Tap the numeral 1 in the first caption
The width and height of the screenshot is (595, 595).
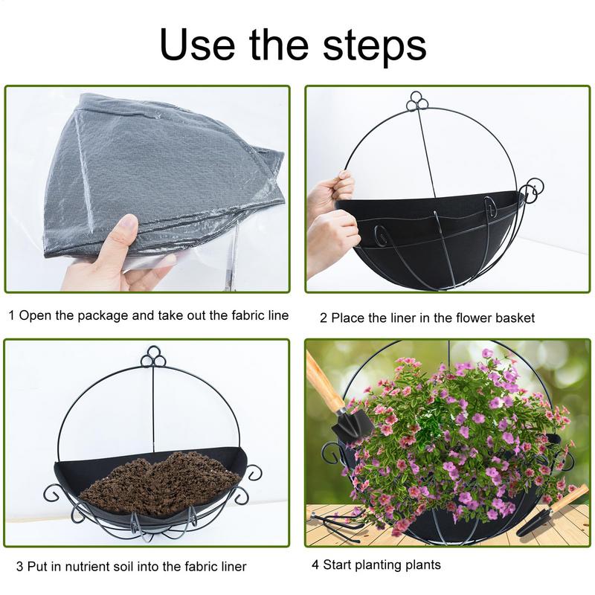tap(10, 315)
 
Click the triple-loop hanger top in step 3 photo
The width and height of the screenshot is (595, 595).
tap(153, 356)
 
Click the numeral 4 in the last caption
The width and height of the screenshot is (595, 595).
tap(315, 565)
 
